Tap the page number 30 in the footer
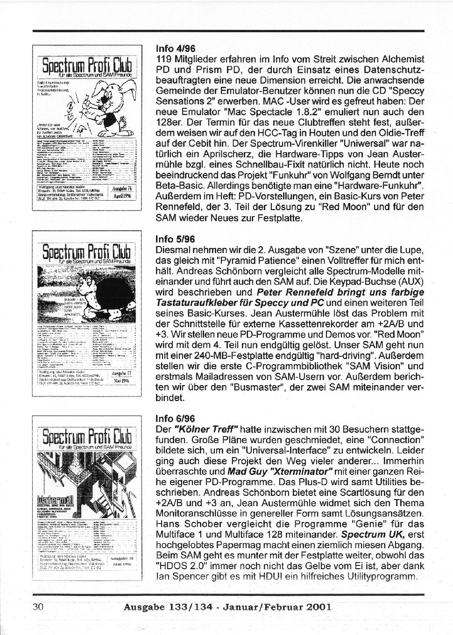(x=38, y=607)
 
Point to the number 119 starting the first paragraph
(x=163, y=59)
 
